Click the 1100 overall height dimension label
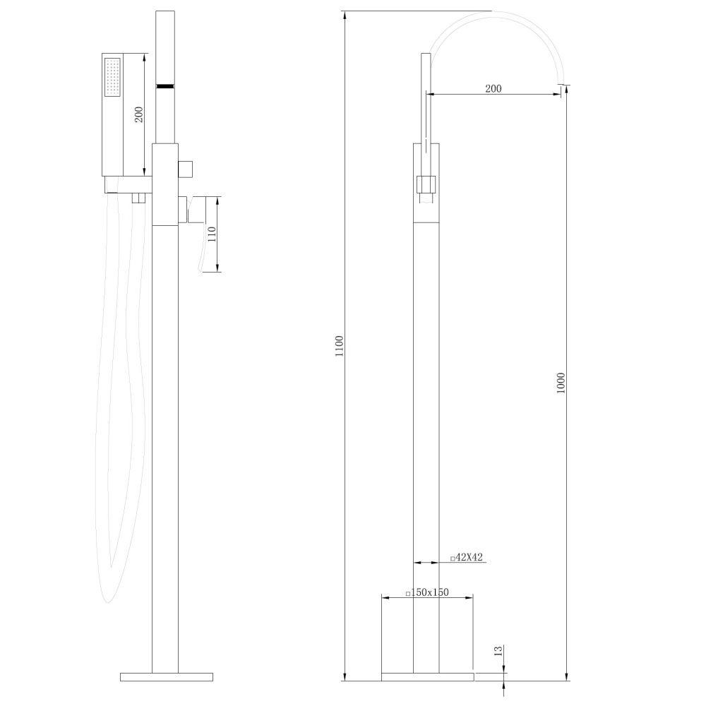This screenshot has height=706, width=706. [x=340, y=346]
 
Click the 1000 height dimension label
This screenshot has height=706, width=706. [x=561, y=383]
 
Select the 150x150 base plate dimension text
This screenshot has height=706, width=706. [x=427, y=592]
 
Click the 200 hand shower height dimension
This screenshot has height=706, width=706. [x=139, y=114]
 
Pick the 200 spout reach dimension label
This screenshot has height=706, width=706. [x=493, y=88]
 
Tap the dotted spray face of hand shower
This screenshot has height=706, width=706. [x=113, y=77]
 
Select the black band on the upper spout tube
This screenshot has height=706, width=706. [x=164, y=85]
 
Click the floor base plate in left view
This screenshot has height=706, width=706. [x=167, y=676]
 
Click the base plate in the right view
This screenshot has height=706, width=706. [x=427, y=676]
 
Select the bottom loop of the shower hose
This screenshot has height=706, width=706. [x=107, y=593]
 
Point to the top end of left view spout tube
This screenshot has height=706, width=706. [x=164, y=13]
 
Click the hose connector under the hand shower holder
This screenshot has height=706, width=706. [x=139, y=198]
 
